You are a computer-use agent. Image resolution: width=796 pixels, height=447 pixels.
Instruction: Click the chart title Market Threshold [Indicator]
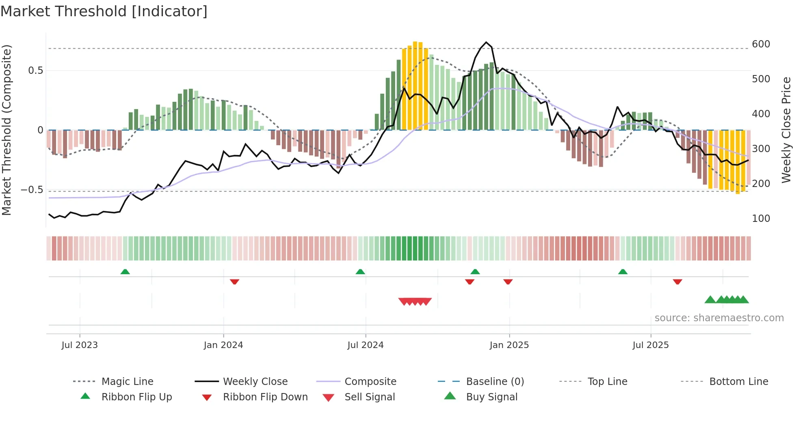(x=104, y=11)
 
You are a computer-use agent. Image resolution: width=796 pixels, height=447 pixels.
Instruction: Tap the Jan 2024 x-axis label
(x=223, y=345)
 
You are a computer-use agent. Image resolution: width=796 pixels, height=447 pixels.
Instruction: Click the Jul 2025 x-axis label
(x=650, y=345)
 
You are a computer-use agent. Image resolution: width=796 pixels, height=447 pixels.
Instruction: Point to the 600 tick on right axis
(x=761, y=44)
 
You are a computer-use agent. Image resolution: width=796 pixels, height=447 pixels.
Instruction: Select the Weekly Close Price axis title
(x=786, y=130)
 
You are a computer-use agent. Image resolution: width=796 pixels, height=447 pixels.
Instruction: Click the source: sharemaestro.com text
(x=719, y=318)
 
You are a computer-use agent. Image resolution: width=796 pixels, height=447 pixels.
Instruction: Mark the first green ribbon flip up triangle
(x=125, y=272)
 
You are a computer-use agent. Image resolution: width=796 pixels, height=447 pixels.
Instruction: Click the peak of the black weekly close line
(x=486, y=42)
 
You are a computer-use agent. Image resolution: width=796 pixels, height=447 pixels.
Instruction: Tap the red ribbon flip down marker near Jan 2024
(x=234, y=282)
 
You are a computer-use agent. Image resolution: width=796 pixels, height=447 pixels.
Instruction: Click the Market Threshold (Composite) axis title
(x=6, y=130)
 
